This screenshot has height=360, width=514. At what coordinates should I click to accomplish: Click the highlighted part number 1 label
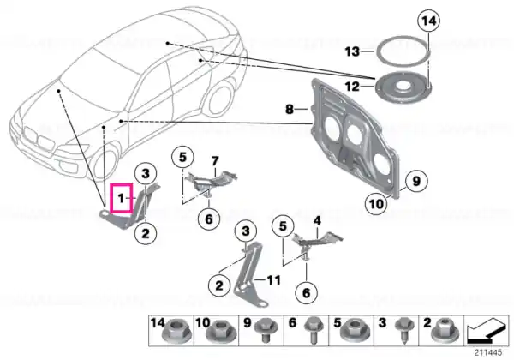point(122,198)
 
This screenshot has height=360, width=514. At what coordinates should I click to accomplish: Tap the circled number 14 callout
point(429,21)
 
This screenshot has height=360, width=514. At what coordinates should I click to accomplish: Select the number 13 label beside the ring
point(352,51)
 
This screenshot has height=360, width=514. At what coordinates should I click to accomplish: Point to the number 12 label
point(352,87)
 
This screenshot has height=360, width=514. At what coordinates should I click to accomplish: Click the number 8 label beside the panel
point(290,109)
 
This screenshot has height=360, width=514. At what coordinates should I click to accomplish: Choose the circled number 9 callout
point(416,181)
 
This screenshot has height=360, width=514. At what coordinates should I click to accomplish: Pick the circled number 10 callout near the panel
point(376,204)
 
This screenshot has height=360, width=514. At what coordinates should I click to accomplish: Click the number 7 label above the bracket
point(215,161)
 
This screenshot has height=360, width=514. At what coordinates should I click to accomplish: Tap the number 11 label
point(273,280)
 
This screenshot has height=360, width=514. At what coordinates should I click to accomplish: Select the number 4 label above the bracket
point(317,221)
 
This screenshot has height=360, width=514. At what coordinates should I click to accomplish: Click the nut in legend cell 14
point(176,333)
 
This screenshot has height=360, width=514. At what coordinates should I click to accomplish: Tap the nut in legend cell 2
point(445,331)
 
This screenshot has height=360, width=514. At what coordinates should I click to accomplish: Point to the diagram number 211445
point(488,352)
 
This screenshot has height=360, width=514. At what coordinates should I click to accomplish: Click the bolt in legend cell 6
point(312,331)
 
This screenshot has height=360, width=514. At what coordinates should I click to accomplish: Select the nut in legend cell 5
point(355,332)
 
